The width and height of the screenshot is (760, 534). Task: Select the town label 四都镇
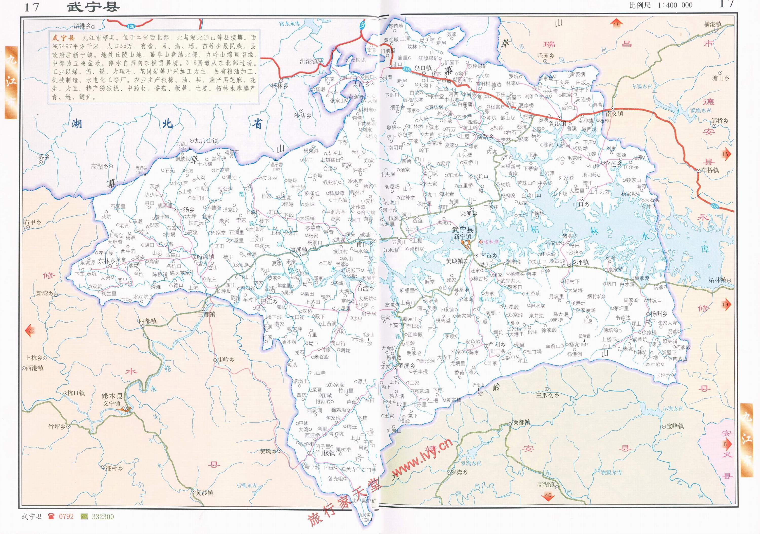[x=148, y=321]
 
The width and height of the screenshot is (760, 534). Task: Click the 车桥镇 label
[x=710, y=170]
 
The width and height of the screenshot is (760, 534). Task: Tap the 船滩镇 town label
[x=205, y=256]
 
